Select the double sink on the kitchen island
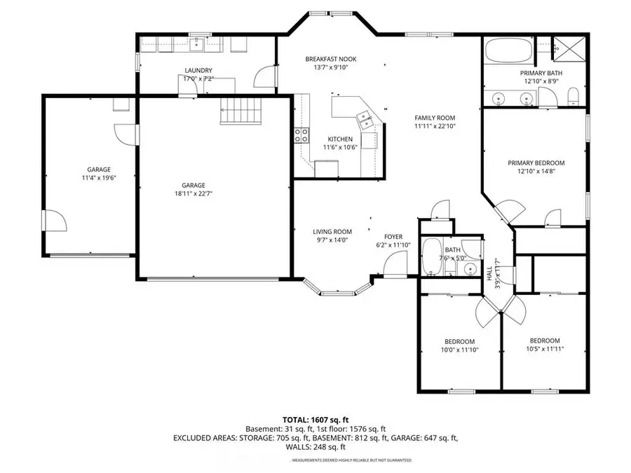click(365, 118)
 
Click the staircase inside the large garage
click(240, 110)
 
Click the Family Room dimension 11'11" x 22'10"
click(435, 127)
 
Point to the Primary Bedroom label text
click(536, 163)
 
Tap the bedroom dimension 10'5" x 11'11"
click(544, 348)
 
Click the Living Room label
click(332, 232)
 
